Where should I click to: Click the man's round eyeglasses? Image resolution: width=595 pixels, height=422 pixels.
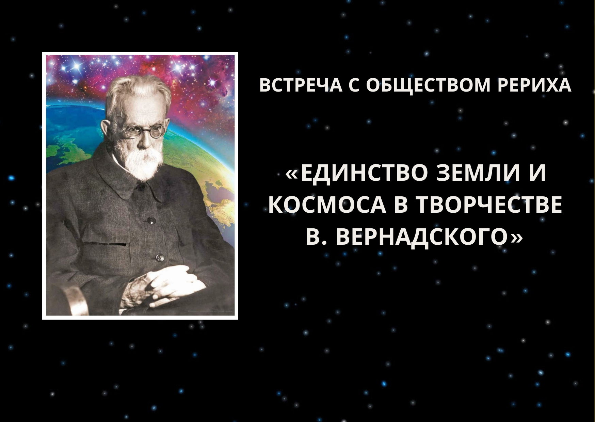click(141, 131)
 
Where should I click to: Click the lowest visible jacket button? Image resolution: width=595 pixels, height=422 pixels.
click(159, 257)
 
